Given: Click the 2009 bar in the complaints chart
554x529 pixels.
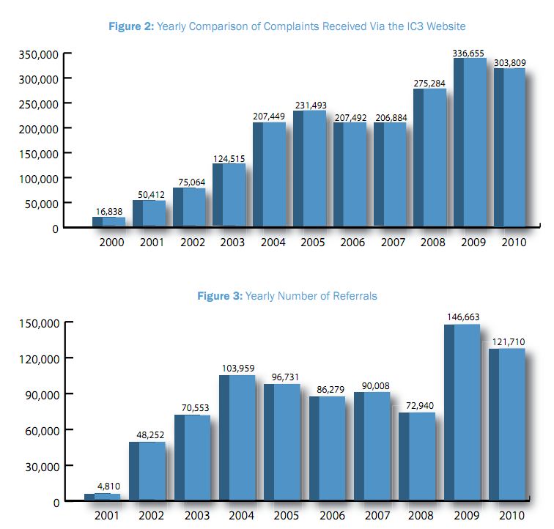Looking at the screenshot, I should click(469, 143).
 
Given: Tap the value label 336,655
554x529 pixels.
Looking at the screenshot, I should click(469, 52).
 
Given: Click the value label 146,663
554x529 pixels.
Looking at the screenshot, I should click(462, 317).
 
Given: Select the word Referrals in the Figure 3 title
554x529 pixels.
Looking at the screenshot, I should click(354, 296).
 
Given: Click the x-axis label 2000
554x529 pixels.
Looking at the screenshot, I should click(111, 243).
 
